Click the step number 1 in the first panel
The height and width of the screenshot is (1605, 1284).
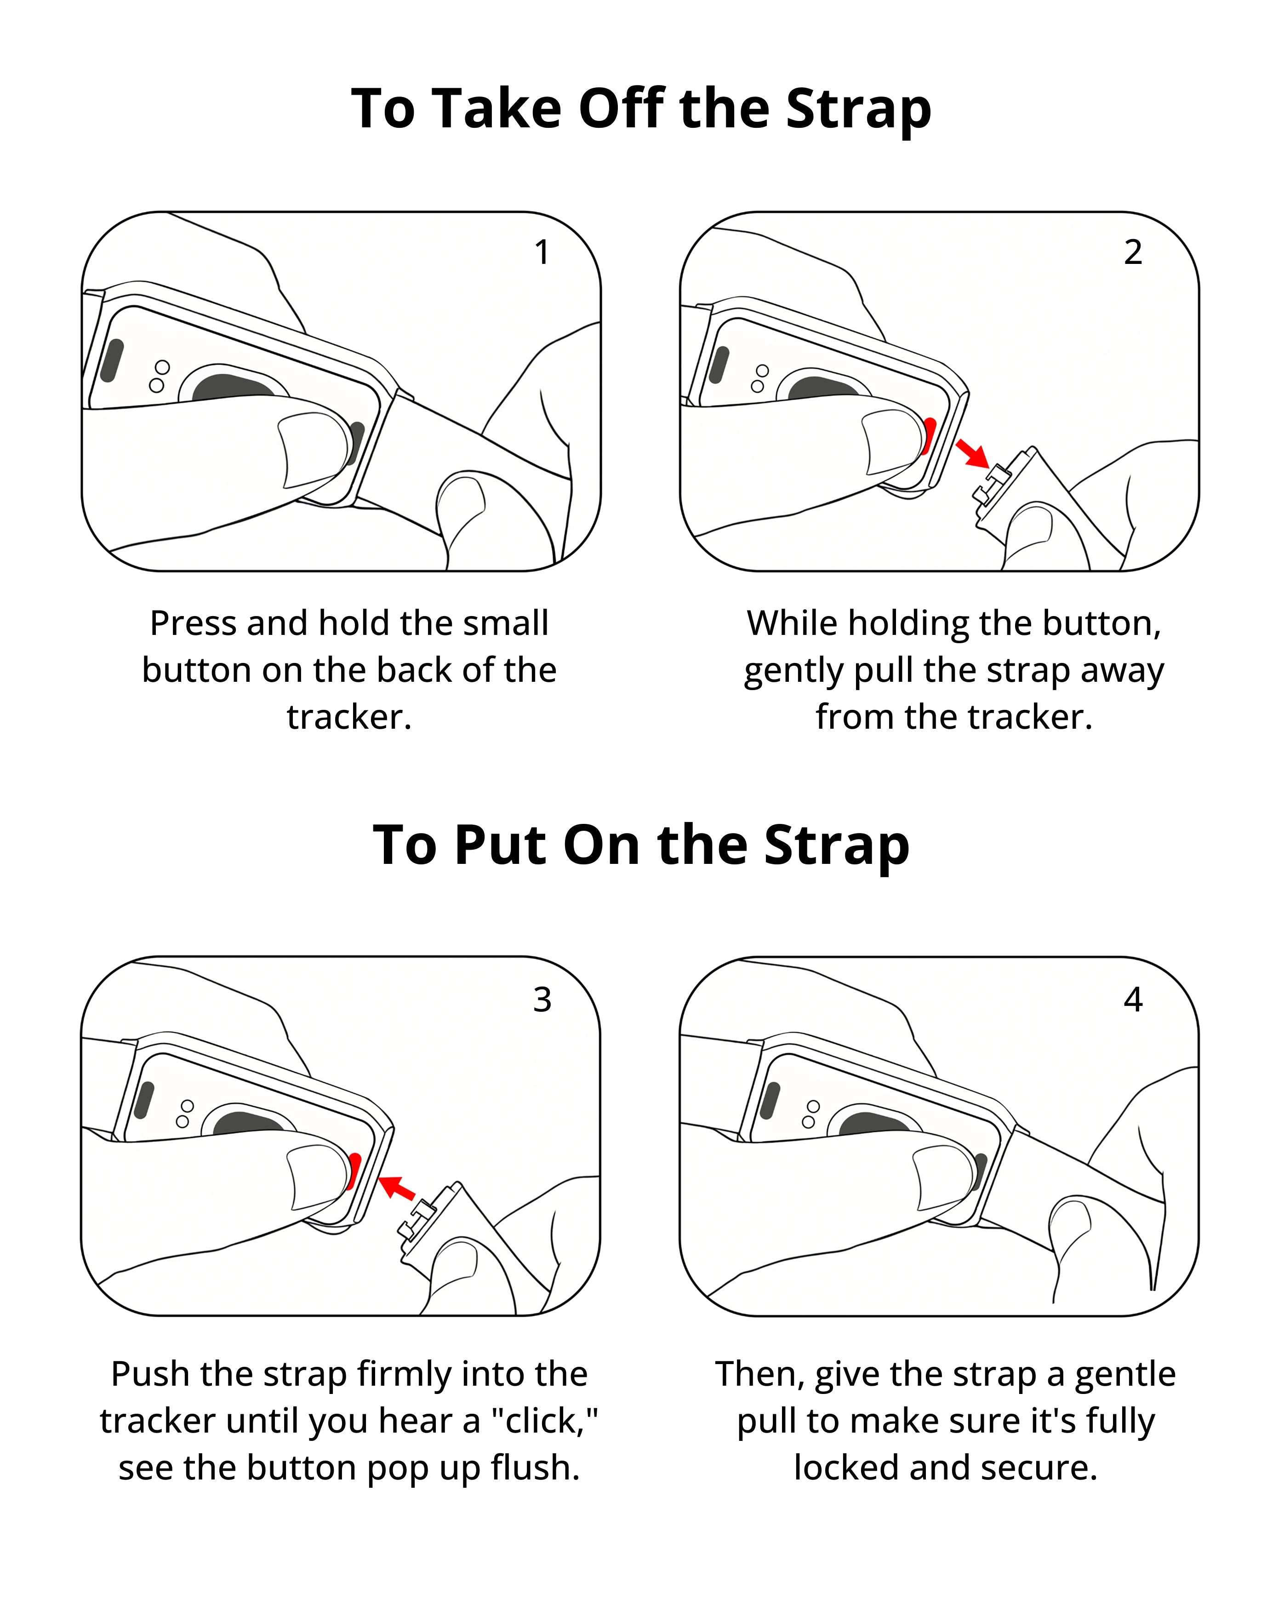click(x=542, y=252)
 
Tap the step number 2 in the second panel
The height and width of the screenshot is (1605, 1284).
click(x=1133, y=252)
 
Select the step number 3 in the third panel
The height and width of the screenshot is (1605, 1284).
click(x=542, y=1000)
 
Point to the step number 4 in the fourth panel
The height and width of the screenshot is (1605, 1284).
click(x=1133, y=1000)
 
